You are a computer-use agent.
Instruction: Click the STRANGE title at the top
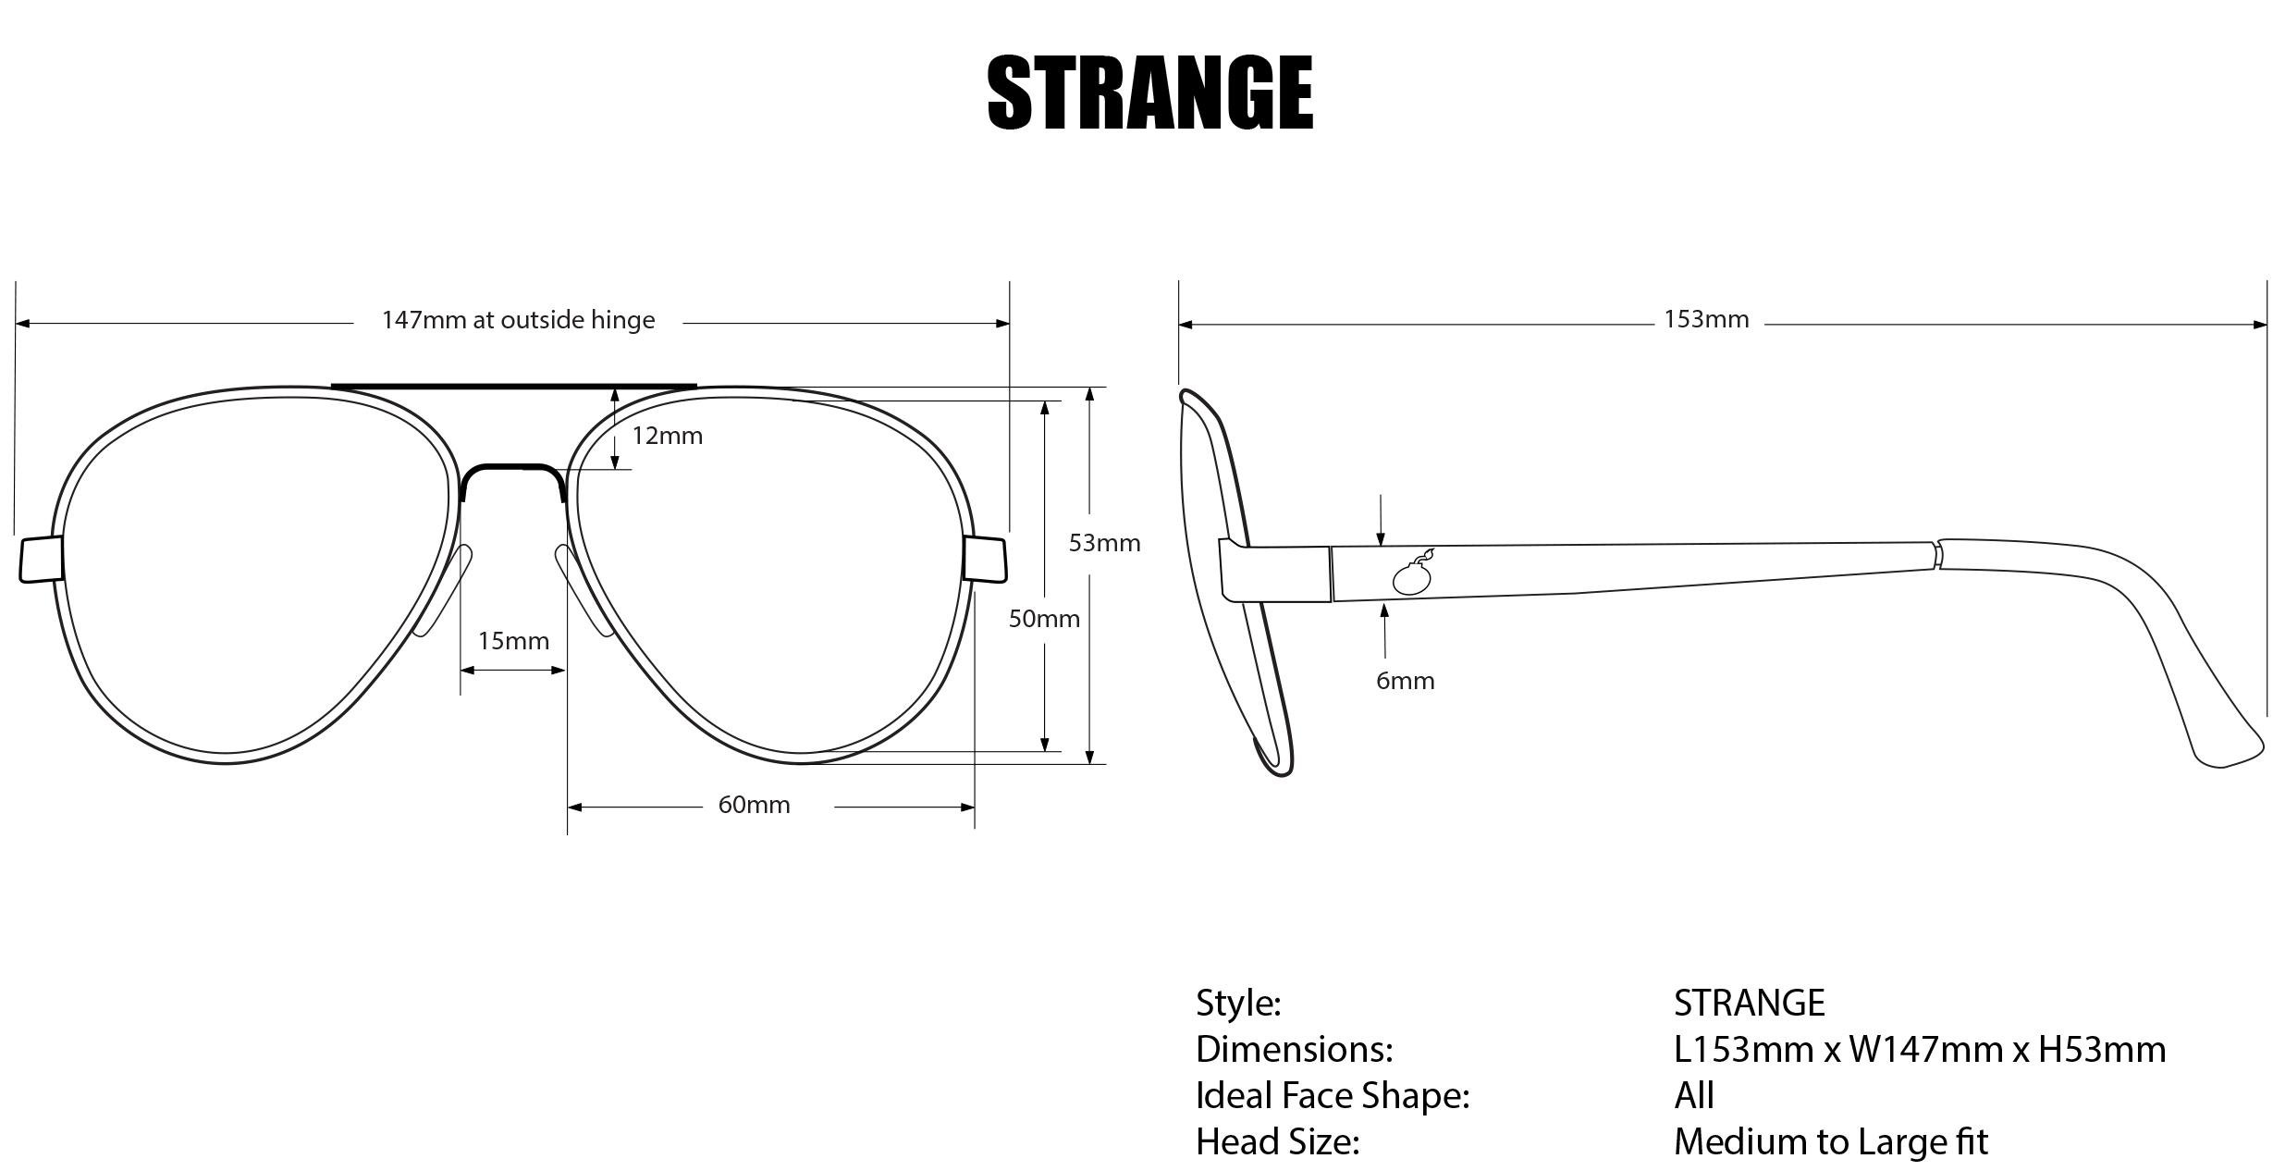(x=1149, y=92)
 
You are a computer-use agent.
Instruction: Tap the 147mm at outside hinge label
(x=518, y=320)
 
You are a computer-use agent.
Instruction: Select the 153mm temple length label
(x=1706, y=319)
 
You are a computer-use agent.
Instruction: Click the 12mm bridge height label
(x=667, y=436)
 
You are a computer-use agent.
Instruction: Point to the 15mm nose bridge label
(x=513, y=641)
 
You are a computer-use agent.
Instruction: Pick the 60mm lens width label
(x=754, y=805)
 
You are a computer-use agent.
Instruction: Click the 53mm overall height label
(x=1104, y=543)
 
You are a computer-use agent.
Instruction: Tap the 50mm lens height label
(x=1044, y=619)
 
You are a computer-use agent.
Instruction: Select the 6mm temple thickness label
(x=1405, y=681)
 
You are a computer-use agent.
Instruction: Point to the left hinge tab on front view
(x=42, y=560)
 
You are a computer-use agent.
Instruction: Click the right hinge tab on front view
(x=985, y=560)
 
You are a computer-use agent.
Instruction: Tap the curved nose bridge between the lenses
(x=513, y=470)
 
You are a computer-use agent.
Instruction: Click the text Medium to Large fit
(x=1830, y=1141)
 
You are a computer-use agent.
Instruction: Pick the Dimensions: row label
(x=1293, y=1049)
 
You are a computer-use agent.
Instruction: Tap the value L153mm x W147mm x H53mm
(x=1919, y=1049)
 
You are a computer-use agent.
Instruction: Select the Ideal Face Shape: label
(x=1332, y=1095)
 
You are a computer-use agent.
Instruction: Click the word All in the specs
(x=1693, y=1095)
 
